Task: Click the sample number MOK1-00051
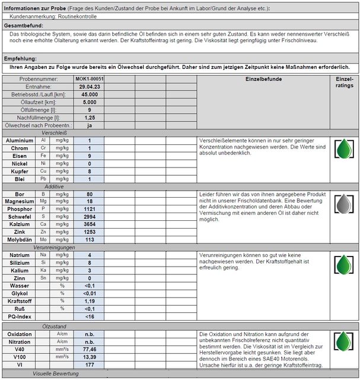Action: (90, 78)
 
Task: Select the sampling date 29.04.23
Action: (90, 86)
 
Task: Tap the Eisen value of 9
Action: (90, 156)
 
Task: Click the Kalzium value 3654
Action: (90, 224)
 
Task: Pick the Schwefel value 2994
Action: (90, 217)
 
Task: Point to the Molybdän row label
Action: (20, 240)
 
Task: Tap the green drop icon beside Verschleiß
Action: (343, 149)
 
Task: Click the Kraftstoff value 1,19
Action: (90, 301)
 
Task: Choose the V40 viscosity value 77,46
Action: (90, 350)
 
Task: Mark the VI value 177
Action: (90, 365)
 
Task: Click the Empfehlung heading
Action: (21, 59)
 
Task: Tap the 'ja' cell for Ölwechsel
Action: (90, 125)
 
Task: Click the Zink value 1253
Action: (90, 232)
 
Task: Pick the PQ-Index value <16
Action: (90, 316)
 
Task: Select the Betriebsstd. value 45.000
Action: (90, 94)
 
